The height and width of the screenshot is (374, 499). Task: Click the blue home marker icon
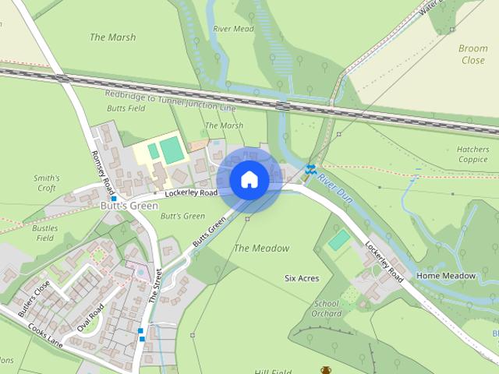tap(249, 180)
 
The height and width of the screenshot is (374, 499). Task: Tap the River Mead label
tap(233, 29)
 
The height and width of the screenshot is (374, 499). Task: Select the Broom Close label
tap(472, 54)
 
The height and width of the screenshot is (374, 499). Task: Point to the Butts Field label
tap(126, 109)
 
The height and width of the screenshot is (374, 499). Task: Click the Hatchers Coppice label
tap(472, 153)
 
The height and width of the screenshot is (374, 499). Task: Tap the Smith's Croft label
tap(46, 182)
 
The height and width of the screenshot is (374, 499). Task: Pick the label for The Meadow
tap(261, 249)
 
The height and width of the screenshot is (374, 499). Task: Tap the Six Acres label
tap(302, 277)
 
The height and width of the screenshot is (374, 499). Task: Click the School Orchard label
tap(327, 309)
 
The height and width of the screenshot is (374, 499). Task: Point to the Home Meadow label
tap(446, 276)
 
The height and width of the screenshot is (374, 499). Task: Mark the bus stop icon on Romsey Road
tap(114, 199)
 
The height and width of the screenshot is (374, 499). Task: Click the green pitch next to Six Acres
tap(338, 240)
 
